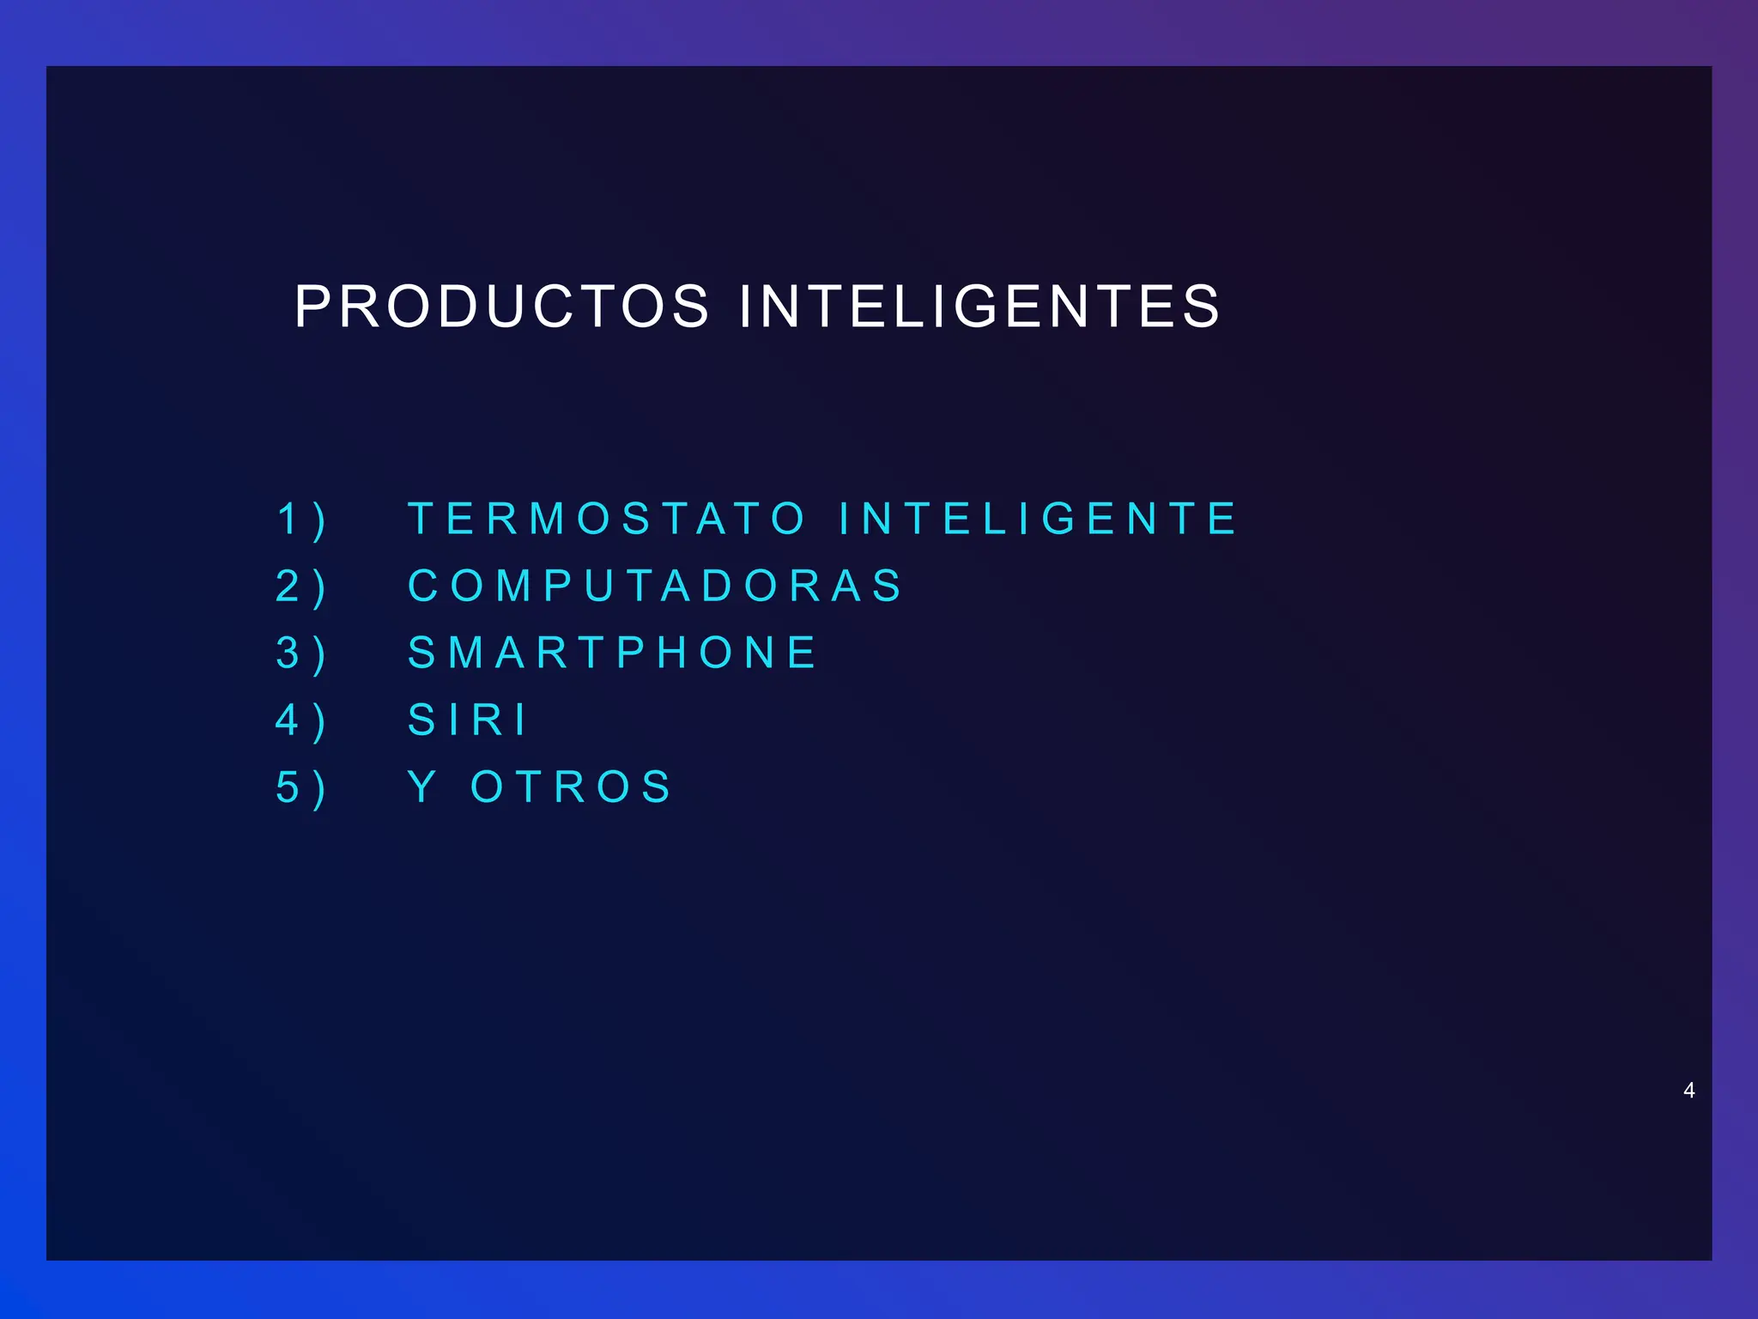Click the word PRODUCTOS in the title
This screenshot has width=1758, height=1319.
(x=502, y=307)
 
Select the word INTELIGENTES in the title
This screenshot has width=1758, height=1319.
(x=979, y=307)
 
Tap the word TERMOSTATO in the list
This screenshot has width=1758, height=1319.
(x=607, y=519)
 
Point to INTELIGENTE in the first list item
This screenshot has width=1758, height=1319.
(x=1038, y=519)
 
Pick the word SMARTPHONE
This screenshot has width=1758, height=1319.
(x=613, y=653)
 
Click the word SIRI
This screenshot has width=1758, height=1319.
(x=468, y=720)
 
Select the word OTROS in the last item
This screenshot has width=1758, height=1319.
(x=572, y=787)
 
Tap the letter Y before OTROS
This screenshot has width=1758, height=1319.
(x=422, y=787)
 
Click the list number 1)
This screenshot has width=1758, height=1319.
(x=301, y=520)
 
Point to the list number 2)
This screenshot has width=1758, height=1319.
(x=301, y=587)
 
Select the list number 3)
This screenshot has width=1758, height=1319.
(x=301, y=654)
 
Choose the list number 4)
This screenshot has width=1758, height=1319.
(x=301, y=721)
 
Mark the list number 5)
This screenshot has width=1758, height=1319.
(x=301, y=788)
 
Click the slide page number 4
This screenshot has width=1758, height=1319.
(x=1688, y=1091)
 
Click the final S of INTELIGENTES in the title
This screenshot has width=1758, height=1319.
(x=1201, y=307)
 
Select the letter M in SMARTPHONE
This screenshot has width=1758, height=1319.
(x=468, y=653)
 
